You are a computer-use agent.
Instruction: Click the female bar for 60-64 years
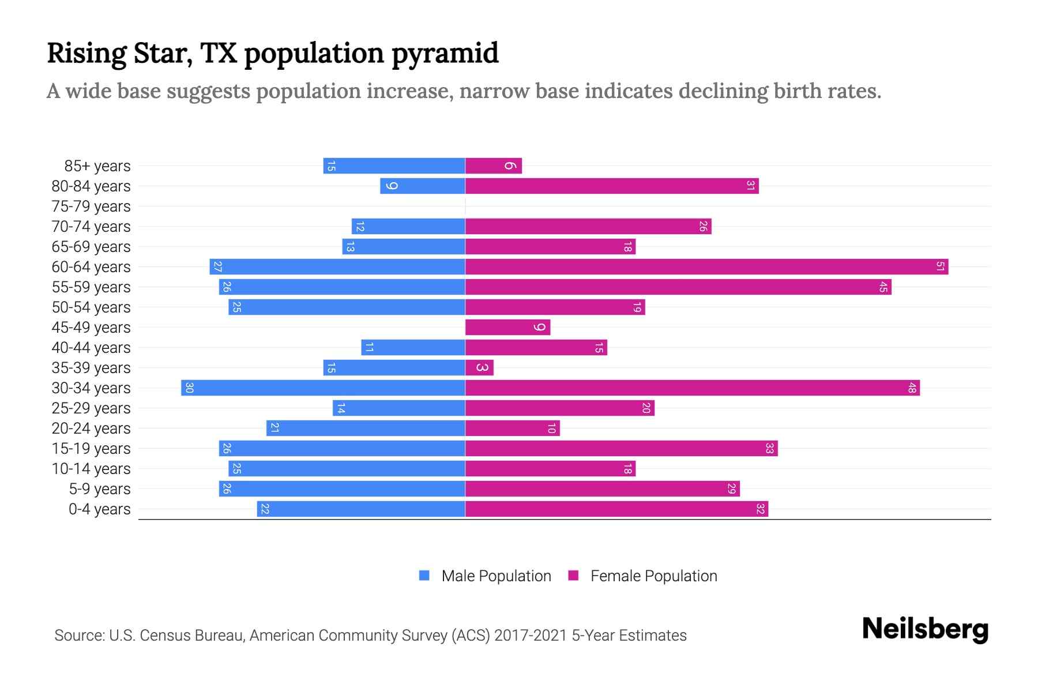click(x=706, y=266)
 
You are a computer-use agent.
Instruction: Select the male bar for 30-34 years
click(x=323, y=388)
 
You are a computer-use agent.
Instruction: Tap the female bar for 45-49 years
click(x=507, y=327)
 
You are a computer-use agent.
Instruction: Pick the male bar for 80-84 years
click(x=423, y=186)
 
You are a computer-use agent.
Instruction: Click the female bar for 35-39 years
click(x=479, y=367)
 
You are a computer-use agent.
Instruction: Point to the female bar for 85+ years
click(x=494, y=166)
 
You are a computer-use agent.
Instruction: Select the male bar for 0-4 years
click(x=361, y=509)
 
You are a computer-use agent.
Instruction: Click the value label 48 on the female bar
click(x=912, y=388)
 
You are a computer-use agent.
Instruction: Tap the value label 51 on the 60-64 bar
click(x=940, y=266)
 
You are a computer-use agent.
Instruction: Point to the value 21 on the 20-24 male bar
click(x=274, y=428)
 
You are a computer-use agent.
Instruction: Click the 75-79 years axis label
click(x=91, y=206)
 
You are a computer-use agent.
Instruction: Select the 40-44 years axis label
click(x=91, y=348)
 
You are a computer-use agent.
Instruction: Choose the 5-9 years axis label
click(x=99, y=489)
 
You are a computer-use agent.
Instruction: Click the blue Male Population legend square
click(x=424, y=576)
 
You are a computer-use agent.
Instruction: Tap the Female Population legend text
click(x=653, y=576)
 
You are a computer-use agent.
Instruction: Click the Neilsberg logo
click(x=925, y=629)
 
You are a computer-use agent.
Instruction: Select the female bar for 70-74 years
click(x=588, y=226)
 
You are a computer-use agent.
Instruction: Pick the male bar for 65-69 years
click(x=404, y=246)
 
